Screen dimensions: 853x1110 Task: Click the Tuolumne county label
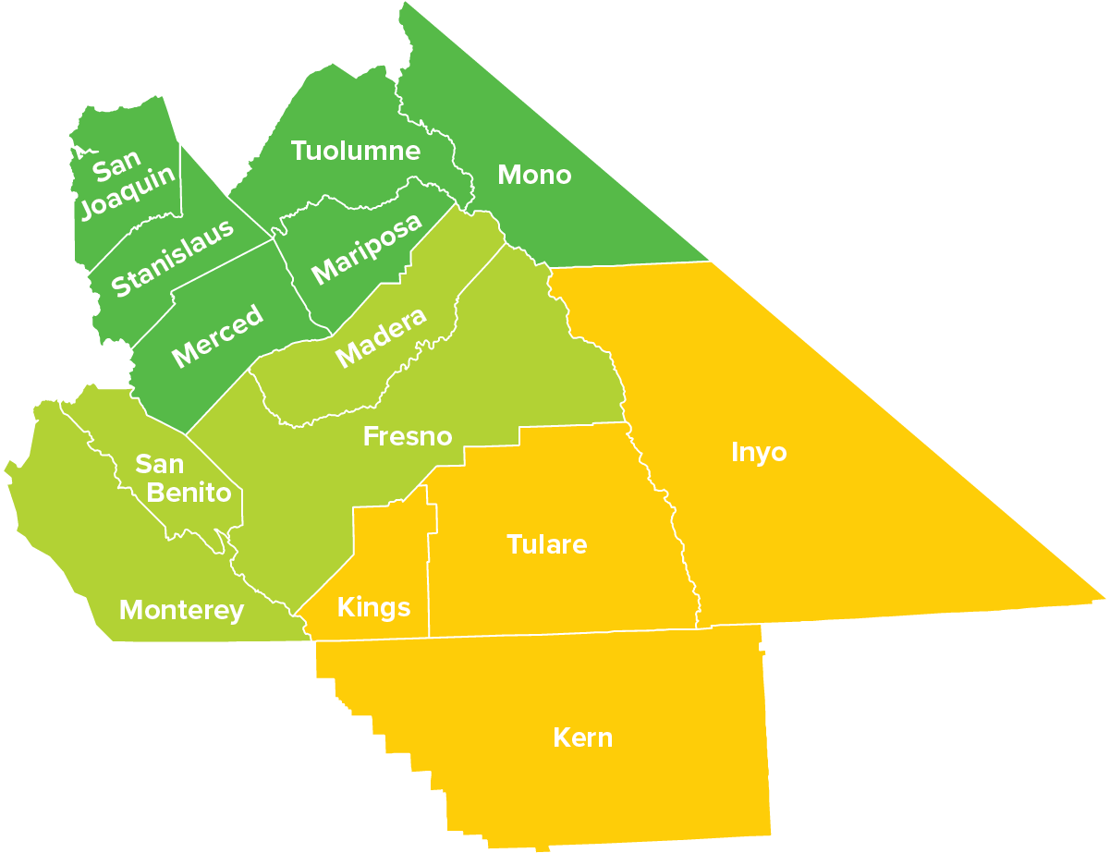point(356,151)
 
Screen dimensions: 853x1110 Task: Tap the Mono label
point(534,174)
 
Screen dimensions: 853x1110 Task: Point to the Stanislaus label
point(172,258)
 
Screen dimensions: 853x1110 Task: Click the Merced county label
point(218,335)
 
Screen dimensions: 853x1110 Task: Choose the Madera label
point(381,337)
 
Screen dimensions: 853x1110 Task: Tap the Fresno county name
point(408,436)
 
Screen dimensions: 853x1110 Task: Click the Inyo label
point(759,453)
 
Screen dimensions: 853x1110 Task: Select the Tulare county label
point(547,544)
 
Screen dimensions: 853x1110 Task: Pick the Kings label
point(373,607)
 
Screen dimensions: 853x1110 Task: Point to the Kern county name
point(582,737)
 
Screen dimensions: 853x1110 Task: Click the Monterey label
point(182,610)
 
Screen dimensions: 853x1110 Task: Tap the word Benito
point(189,493)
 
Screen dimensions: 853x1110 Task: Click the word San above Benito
point(160,463)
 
